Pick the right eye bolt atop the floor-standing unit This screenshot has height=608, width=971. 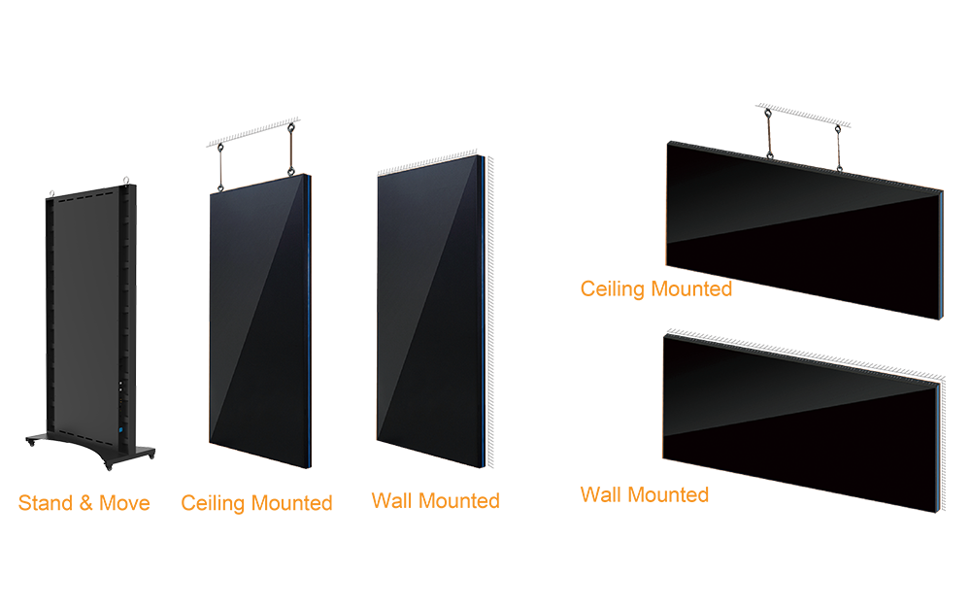pyautogui.click(x=124, y=179)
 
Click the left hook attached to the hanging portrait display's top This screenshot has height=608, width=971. pyautogui.click(x=220, y=187)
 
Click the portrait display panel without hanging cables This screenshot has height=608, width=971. pyautogui.click(x=427, y=311)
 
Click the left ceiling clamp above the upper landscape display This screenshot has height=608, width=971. pyautogui.click(x=767, y=115)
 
